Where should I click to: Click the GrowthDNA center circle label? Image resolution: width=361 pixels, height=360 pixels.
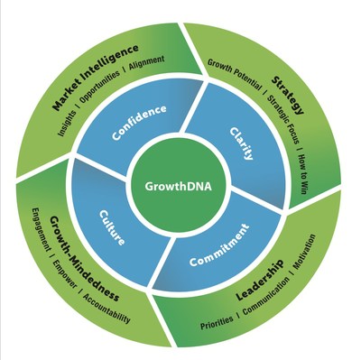175,187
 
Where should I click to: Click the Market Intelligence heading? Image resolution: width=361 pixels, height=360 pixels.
96,77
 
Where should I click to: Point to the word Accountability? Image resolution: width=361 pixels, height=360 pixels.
110,306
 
